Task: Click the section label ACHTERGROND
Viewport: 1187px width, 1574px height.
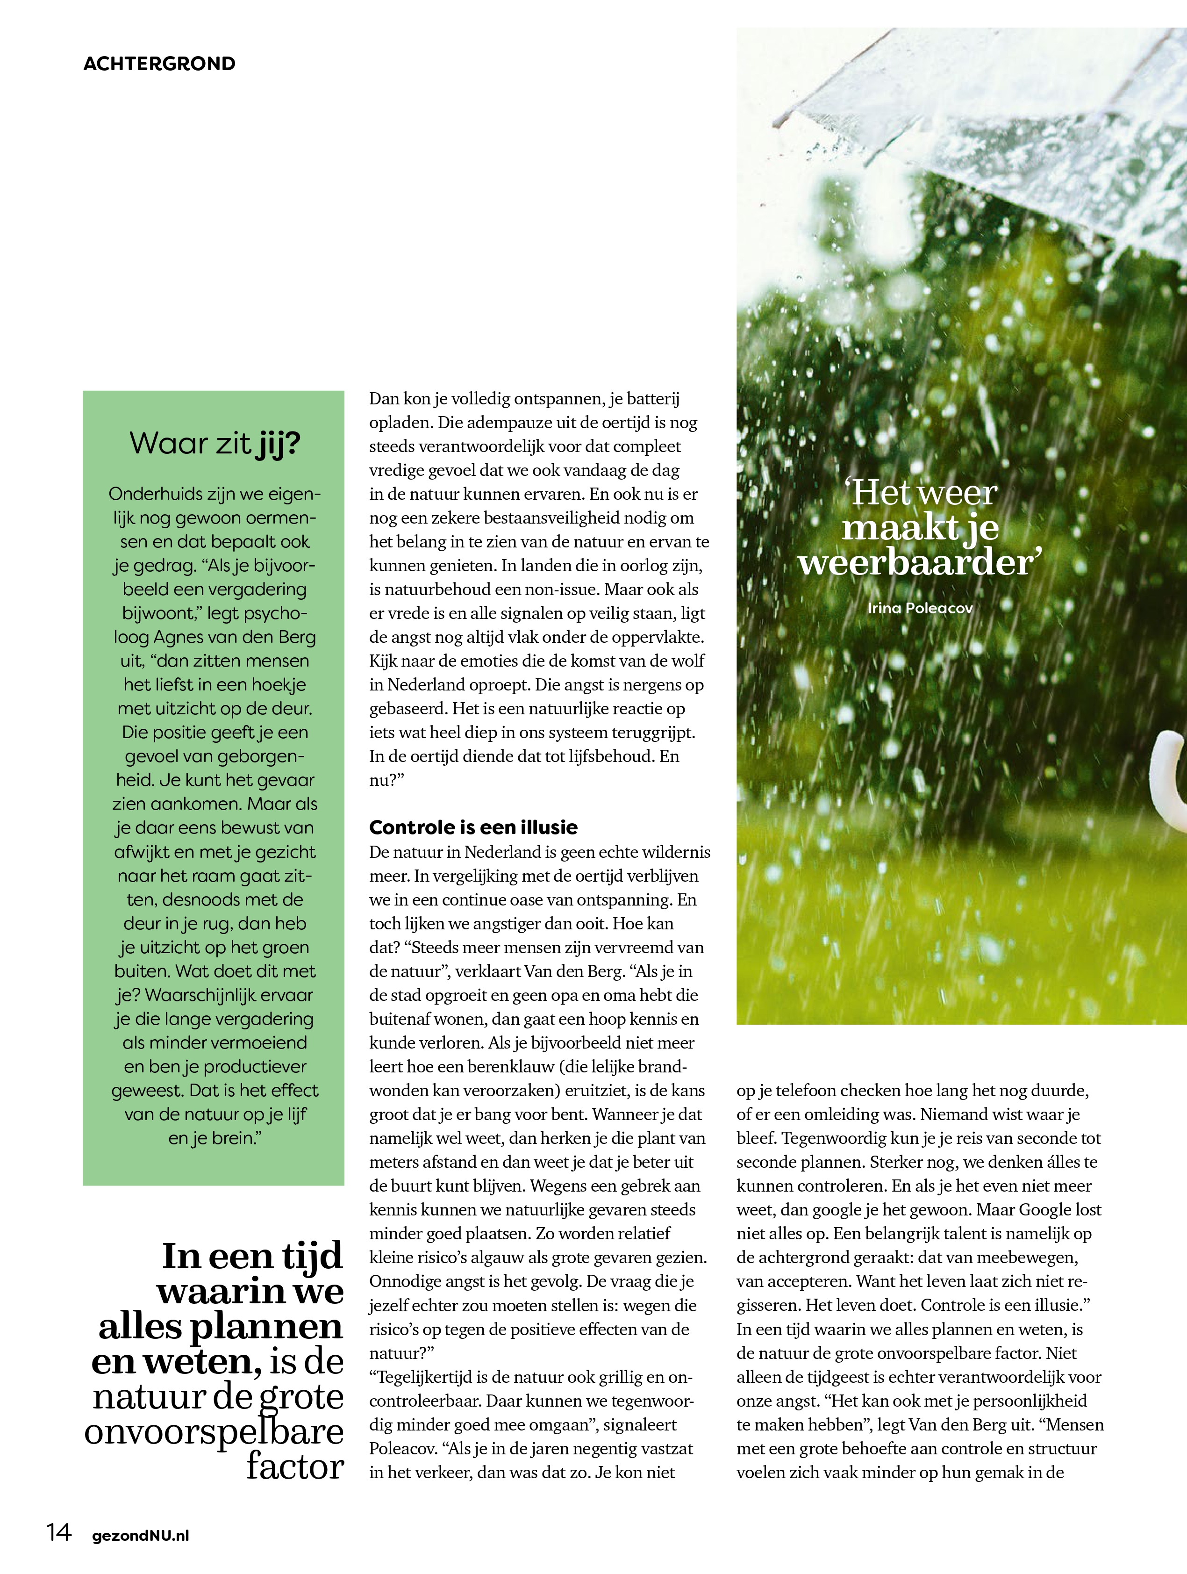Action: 159,63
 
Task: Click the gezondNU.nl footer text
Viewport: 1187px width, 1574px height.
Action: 141,1536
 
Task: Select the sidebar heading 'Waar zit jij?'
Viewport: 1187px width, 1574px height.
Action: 215,443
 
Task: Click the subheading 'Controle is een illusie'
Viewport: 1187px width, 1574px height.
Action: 473,827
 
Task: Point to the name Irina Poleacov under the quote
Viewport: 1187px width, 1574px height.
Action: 920,608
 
